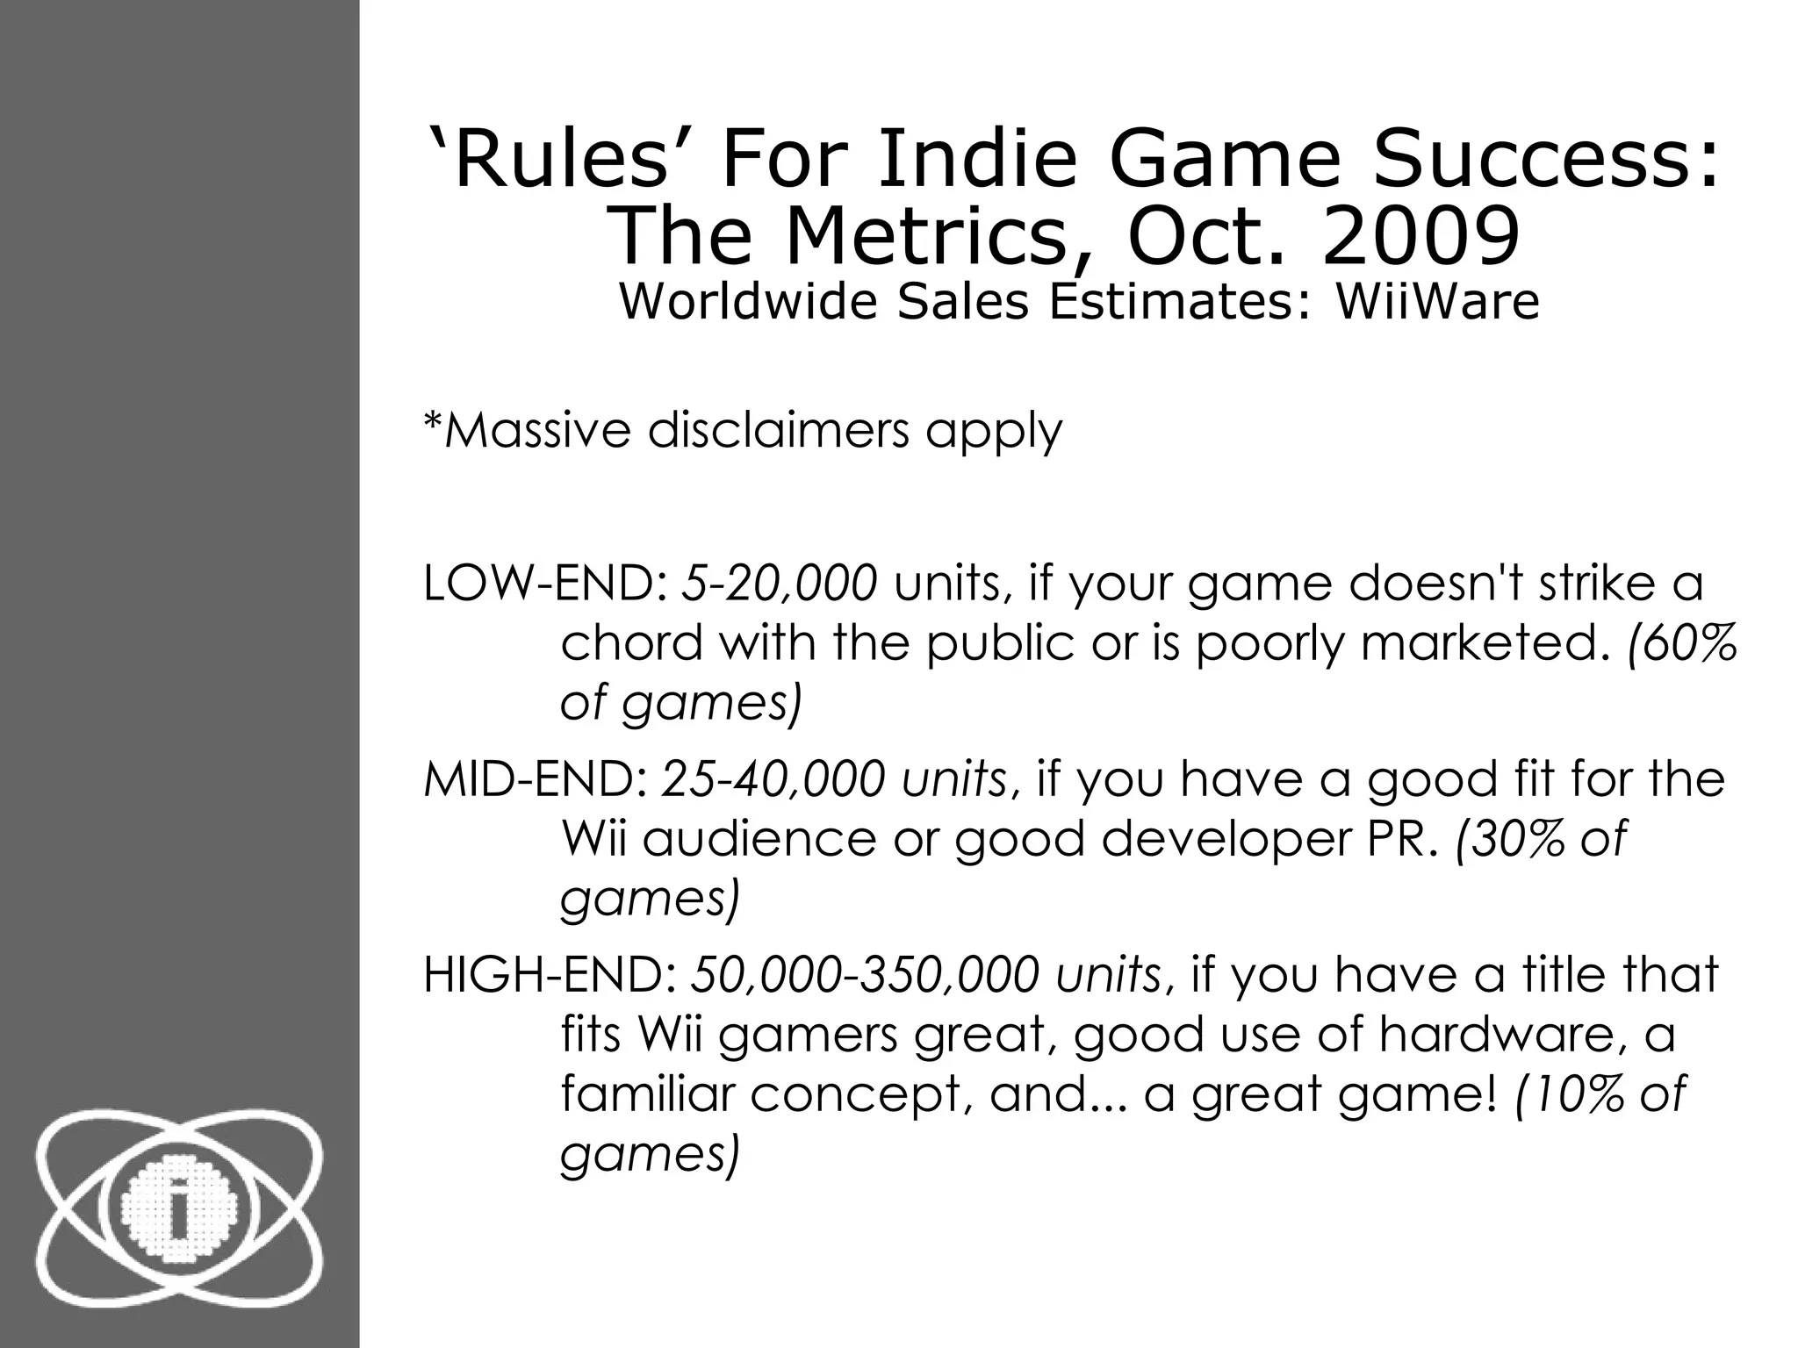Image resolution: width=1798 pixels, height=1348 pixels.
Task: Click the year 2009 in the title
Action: [x=1420, y=237]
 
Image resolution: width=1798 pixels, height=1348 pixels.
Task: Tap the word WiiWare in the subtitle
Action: [x=1437, y=302]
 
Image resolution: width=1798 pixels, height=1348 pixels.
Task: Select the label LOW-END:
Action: [x=548, y=584]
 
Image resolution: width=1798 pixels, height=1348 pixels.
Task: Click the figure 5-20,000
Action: [x=780, y=584]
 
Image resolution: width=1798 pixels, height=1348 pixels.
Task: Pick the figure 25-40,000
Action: [x=772, y=779]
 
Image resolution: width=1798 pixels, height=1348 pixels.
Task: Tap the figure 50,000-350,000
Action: [x=865, y=975]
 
